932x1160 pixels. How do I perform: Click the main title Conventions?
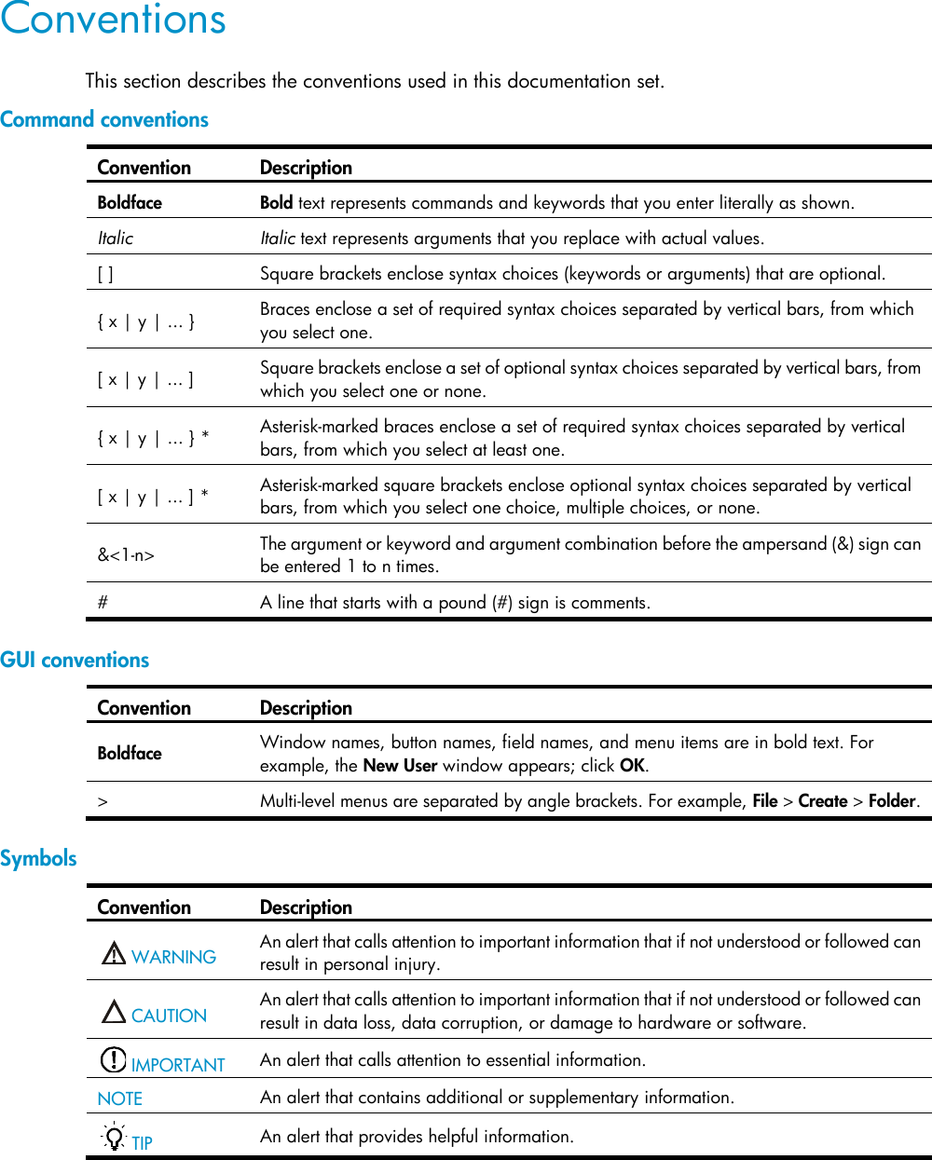coord(113,20)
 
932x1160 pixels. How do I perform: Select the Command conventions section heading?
coord(104,119)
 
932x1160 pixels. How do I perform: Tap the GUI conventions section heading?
coord(75,660)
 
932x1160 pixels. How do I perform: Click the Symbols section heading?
coord(38,858)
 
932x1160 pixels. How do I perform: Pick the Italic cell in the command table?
coord(116,239)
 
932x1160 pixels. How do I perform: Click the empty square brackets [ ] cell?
coord(106,274)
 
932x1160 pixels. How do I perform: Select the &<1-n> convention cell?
coord(126,555)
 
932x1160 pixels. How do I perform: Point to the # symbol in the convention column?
coord(103,603)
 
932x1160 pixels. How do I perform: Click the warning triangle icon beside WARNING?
coord(114,953)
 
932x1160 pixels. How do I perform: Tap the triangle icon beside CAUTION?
coord(114,1012)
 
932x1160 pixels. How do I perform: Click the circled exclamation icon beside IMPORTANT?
coord(113,1060)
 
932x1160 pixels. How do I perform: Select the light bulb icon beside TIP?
coord(114,1138)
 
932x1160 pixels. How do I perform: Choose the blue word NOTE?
coord(120,1099)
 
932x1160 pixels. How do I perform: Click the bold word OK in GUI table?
coord(632,766)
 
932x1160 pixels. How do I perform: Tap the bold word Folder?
coord(892,801)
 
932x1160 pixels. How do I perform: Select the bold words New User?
coord(400,766)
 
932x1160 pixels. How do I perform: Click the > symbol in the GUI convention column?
coord(103,801)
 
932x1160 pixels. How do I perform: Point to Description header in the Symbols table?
coord(306,908)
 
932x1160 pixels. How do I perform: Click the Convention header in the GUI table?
coord(144,708)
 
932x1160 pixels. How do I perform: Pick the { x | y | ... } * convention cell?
coord(153,438)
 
